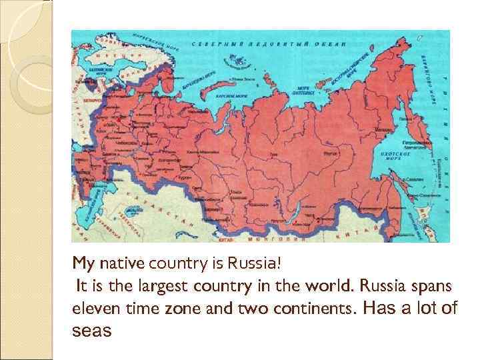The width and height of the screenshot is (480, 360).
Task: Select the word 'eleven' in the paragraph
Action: pyautogui.click(x=93, y=309)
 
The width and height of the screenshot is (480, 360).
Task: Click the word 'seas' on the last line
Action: pyautogui.click(x=91, y=331)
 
